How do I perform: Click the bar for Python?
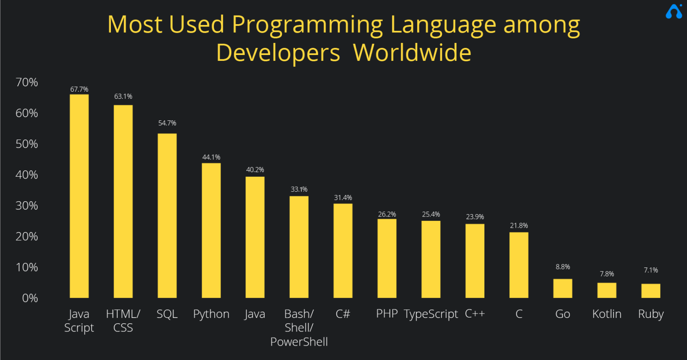click(211, 230)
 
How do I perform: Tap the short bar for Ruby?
click(651, 291)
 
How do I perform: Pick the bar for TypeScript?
click(431, 259)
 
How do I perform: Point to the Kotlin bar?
click(607, 290)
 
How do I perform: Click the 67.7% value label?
click(79, 89)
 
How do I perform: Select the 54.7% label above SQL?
click(167, 123)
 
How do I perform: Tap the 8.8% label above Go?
click(563, 267)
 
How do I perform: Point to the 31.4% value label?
click(343, 198)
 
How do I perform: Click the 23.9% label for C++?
click(475, 216)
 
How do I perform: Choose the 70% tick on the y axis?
click(27, 82)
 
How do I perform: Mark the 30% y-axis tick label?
click(27, 206)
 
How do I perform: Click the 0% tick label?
click(30, 298)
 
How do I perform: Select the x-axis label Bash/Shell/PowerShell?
click(299, 328)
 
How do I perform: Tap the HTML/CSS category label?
click(123, 321)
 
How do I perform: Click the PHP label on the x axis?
click(387, 313)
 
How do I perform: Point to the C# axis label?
click(343, 313)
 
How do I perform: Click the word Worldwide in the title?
click(412, 53)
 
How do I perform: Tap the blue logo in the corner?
click(674, 12)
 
